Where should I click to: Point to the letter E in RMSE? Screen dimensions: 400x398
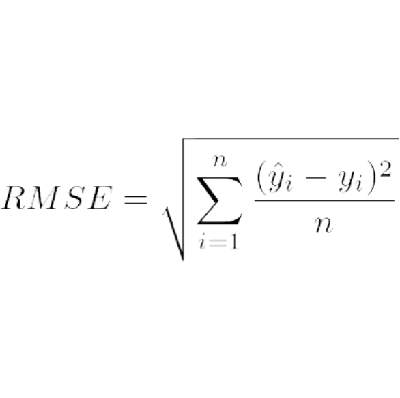tap(100, 198)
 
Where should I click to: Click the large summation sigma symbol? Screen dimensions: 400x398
tap(219, 200)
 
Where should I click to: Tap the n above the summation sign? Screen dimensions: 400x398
tap(220, 161)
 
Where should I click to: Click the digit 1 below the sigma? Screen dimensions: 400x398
tap(235, 242)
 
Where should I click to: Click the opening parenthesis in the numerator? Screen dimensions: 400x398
tap(261, 177)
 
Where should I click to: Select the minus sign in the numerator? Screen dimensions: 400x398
tap(316, 177)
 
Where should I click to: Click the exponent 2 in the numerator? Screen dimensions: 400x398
tap(384, 168)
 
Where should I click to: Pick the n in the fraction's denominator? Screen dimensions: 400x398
tap(324, 225)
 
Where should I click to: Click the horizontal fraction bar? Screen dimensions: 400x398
tap(324, 200)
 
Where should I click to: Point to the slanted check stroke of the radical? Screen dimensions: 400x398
tap(174, 234)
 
